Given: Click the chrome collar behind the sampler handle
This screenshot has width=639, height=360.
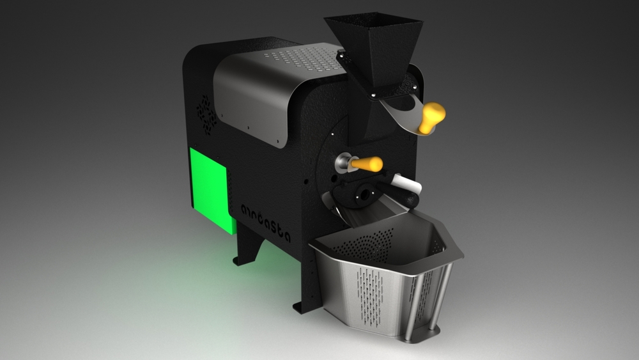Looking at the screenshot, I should (344, 163).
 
